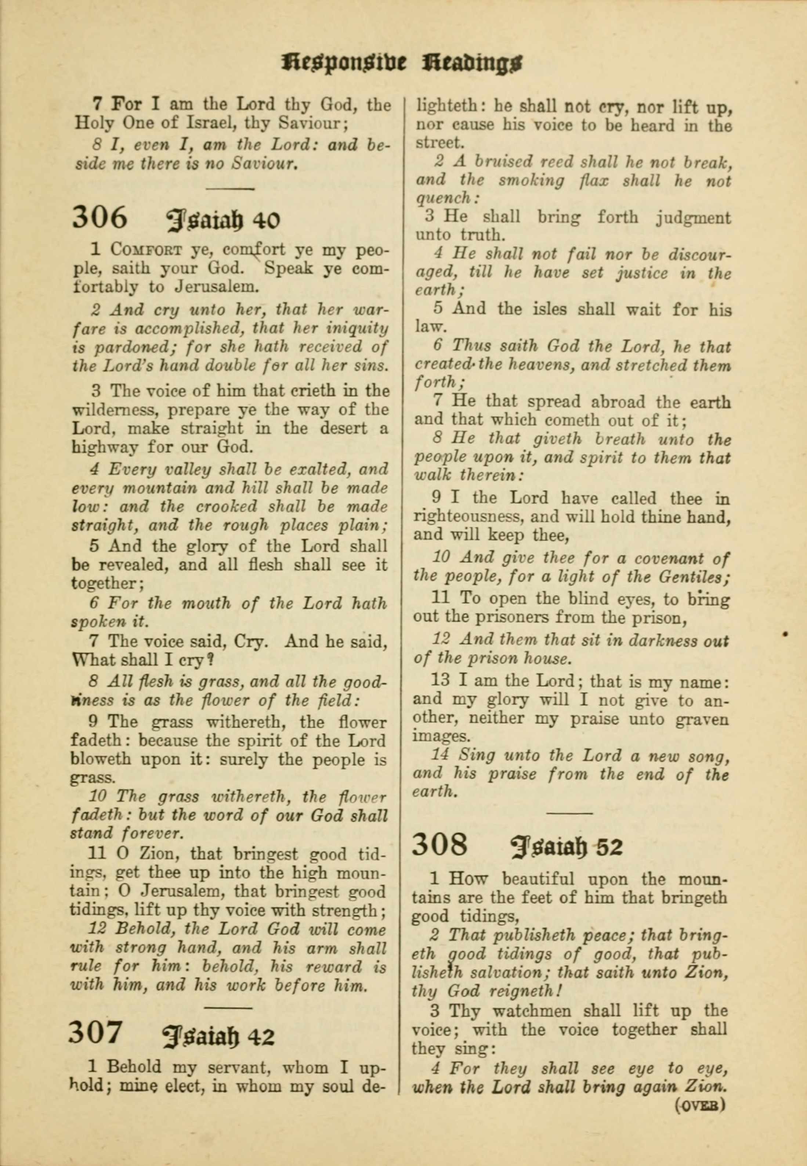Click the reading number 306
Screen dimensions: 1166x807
pos(99,217)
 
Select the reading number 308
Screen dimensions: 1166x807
pos(439,845)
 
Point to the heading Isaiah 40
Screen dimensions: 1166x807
pos(223,220)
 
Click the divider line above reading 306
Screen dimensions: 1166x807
pos(230,189)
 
